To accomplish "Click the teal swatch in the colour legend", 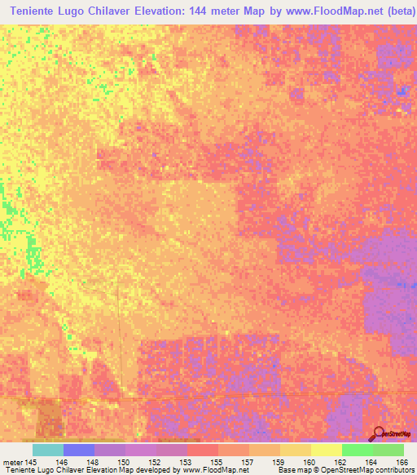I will point(48,450).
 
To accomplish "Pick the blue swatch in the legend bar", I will point(79,450).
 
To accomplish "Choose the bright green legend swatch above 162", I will point(358,450).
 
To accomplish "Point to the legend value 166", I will point(400,461).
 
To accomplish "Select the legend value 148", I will point(93,461).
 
